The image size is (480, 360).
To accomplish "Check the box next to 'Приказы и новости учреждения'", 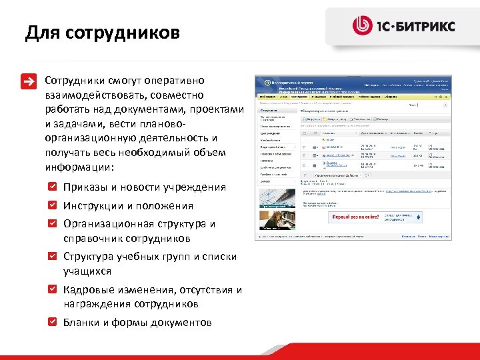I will [x=53, y=187].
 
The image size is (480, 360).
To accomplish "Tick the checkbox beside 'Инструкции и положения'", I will [x=53, y=205].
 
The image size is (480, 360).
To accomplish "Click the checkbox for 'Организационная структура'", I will [x=53, y=223].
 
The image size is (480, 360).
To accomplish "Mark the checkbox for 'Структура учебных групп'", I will [x=53, y=256].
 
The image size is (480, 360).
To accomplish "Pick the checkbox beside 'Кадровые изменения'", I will [x=53, y=289].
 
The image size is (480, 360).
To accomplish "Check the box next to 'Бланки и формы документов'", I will [x=53, y=322].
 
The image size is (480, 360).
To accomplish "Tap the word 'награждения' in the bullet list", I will [x=95, y=304].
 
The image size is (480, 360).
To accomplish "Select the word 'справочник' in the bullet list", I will [x=93, y=239].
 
